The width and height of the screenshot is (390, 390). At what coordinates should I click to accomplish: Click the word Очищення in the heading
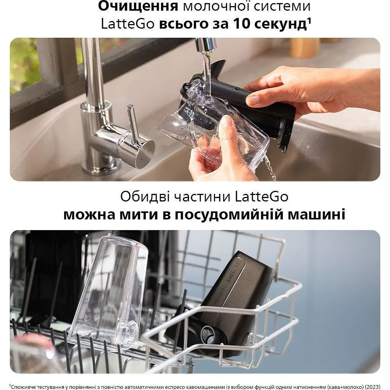coord(138,6)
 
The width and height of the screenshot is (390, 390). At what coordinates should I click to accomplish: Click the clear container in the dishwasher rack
coord(110,289)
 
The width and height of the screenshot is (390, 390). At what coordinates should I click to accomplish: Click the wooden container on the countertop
coord(305,48)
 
